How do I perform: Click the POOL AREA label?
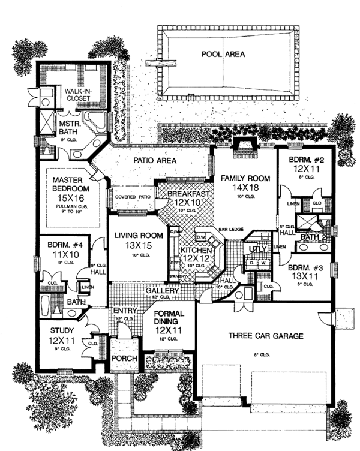click(226, 54)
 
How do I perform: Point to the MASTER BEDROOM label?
click(66, 182)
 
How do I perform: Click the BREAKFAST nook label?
click(188, 194)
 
